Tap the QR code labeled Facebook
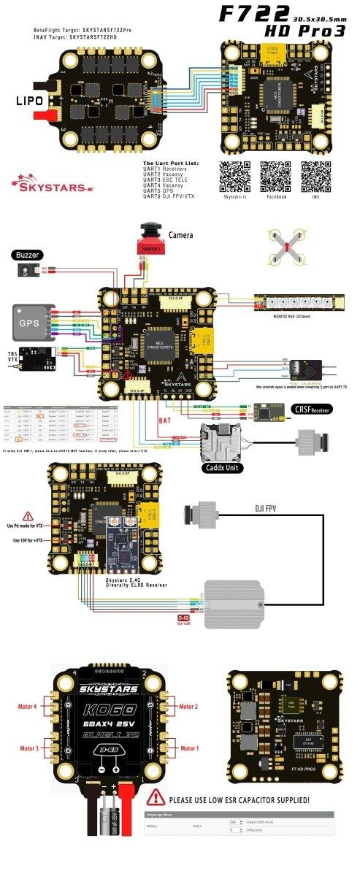coord(276,175)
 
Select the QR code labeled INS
coord(315,175)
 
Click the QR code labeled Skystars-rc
coord(235,175)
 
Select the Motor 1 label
coord(189,748)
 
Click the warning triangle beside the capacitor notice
coord(155,798)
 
